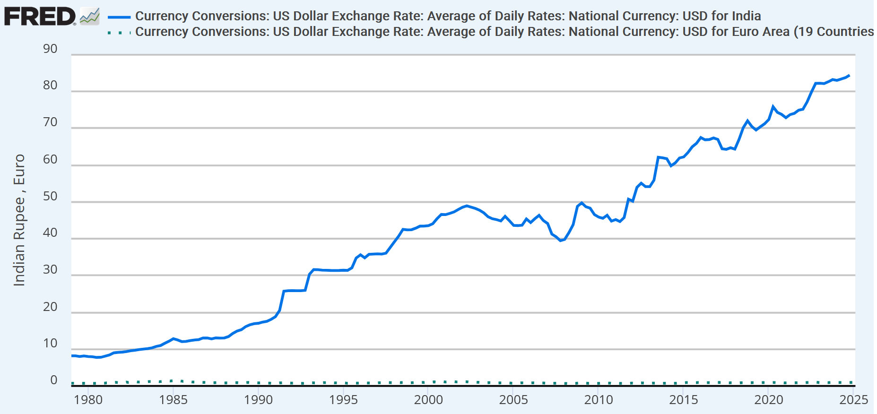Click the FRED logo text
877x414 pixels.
pos(40,17)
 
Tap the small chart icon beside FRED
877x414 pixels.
pos(89,17)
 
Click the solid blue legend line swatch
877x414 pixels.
pos(119,17)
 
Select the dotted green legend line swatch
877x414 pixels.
pos(119,33)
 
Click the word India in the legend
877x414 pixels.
pos(746,16)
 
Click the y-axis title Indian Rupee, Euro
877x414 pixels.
pos(19,220)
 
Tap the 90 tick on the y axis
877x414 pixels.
pos(50,49)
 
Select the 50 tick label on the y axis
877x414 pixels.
pos(50,196)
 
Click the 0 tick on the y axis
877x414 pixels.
pos(54,380)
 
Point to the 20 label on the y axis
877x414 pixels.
pos(50,307)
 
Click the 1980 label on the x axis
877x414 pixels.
pos(88,400)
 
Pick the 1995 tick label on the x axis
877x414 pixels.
pos(343,400)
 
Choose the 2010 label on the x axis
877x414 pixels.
pos(599,400)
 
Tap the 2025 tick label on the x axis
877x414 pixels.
pos(853,400)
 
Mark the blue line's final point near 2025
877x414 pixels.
pos(849,76)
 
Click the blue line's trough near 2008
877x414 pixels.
pos(561,241)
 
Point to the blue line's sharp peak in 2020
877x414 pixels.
pos(773,107)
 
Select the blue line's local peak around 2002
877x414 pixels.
pos(467,206)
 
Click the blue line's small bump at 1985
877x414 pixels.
pos(173,338)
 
